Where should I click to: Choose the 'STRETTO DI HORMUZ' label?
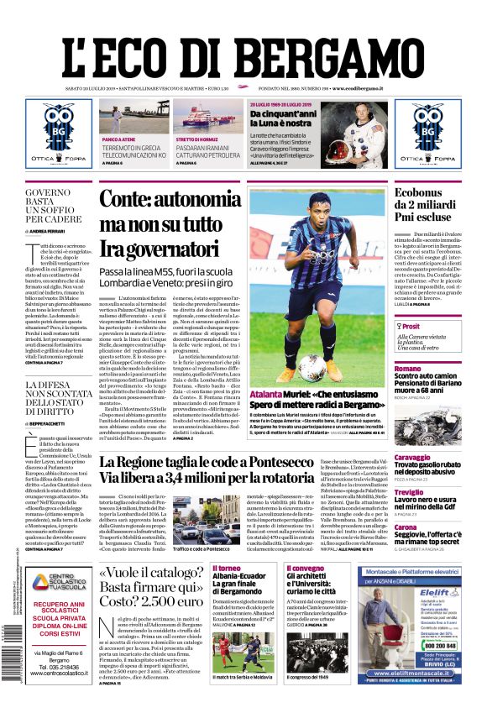[197, 139]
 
